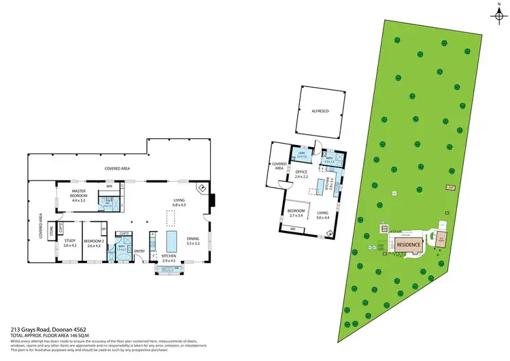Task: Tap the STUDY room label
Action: [69, 242]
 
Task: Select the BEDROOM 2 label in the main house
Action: [94, 242]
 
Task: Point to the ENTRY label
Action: [139, 251]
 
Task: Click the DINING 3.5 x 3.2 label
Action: [193, 240]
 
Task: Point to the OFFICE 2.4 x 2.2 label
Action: [301, 174]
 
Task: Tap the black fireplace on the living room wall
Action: [212, 200]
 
